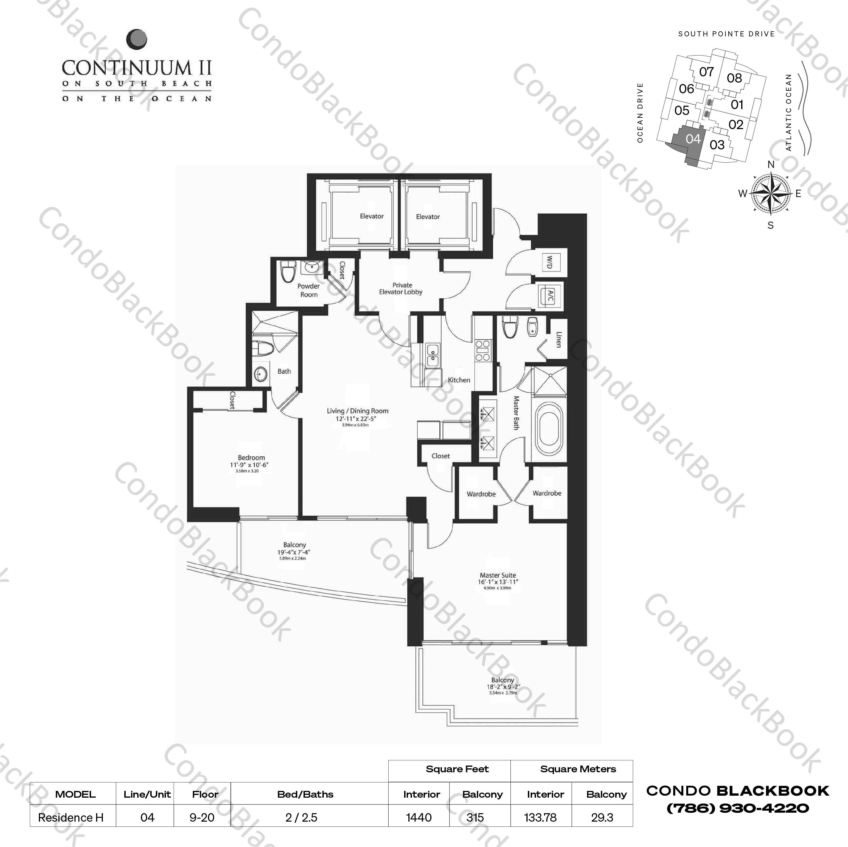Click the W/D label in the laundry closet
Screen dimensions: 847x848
pyautogui.click(x=549, y=263)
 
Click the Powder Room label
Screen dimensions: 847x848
pyautogui.click(x=309, y=290)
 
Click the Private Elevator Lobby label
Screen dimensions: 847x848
pyautogui.click(x=401, y=288)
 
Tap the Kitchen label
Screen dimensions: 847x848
pyautogui.click(x=459, y=380)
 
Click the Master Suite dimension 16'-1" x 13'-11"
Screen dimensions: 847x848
pyautogui.click(x=498, y=582)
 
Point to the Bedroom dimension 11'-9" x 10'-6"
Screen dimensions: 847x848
pyautogui.click(x=251, y=465)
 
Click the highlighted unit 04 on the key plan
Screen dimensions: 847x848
pyautogui.click(x=693, y=139)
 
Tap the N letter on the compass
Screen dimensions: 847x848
pyautogui.click(x=771, y=165)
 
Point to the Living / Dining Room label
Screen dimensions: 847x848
pyautogui.click(x=357, y=411)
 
